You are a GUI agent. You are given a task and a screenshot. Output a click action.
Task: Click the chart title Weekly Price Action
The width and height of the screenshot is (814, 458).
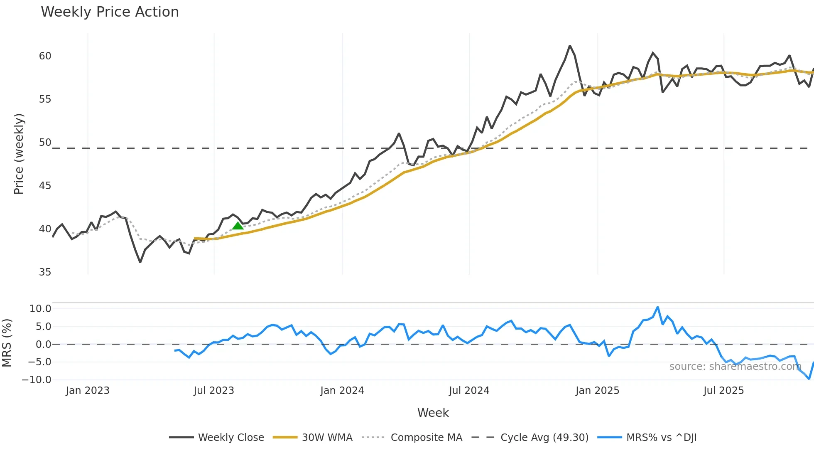coord(110,12)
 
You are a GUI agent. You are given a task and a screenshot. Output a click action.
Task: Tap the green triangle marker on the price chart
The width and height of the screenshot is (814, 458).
coord(238,226)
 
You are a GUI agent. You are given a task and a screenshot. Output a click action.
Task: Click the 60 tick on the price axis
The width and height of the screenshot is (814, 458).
coord(45,56)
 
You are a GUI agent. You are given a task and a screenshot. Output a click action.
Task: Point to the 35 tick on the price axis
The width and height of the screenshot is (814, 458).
coord(45,272)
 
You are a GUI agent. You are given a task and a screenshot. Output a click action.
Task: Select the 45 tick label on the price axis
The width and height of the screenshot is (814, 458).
coord(45,186)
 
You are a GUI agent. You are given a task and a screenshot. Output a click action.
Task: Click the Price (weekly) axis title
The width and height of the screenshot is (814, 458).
coord(19,154)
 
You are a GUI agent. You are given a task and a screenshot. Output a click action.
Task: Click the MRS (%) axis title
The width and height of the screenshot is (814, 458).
coord(7,343)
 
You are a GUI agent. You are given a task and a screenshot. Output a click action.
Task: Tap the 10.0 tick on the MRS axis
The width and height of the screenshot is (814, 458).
coord(40,309)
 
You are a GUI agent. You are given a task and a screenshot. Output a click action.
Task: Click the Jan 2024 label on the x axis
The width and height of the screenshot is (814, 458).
coord(342,391)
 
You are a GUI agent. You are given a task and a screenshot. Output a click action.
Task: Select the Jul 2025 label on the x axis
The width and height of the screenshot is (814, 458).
coord(723,391)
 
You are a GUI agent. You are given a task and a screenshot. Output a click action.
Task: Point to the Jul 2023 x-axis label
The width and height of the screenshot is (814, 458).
coord(214,391)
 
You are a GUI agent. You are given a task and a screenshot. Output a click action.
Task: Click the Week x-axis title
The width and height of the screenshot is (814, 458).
coord(433,413)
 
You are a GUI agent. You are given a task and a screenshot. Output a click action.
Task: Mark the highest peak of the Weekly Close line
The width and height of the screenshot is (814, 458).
coord(570,46)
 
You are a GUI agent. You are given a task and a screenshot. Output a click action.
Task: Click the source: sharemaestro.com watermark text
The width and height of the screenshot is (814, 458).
coord(735,367)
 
